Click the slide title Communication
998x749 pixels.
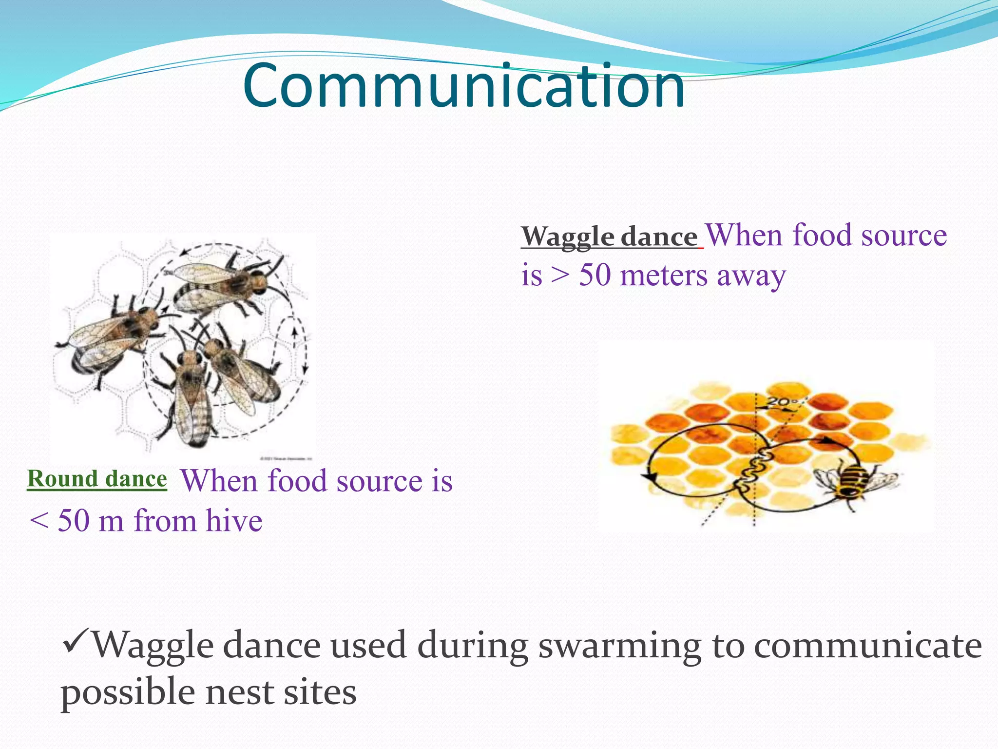click(464, 87)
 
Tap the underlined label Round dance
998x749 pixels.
click(97, 479)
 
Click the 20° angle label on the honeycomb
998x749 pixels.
click(782, 403)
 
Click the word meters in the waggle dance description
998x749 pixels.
click(664, 276)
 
